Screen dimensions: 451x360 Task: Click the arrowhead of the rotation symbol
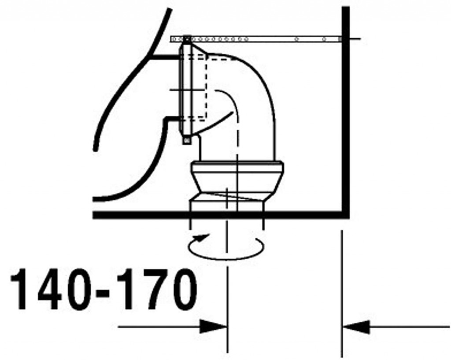[201, 238]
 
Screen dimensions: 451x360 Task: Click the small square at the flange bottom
[187, 140]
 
